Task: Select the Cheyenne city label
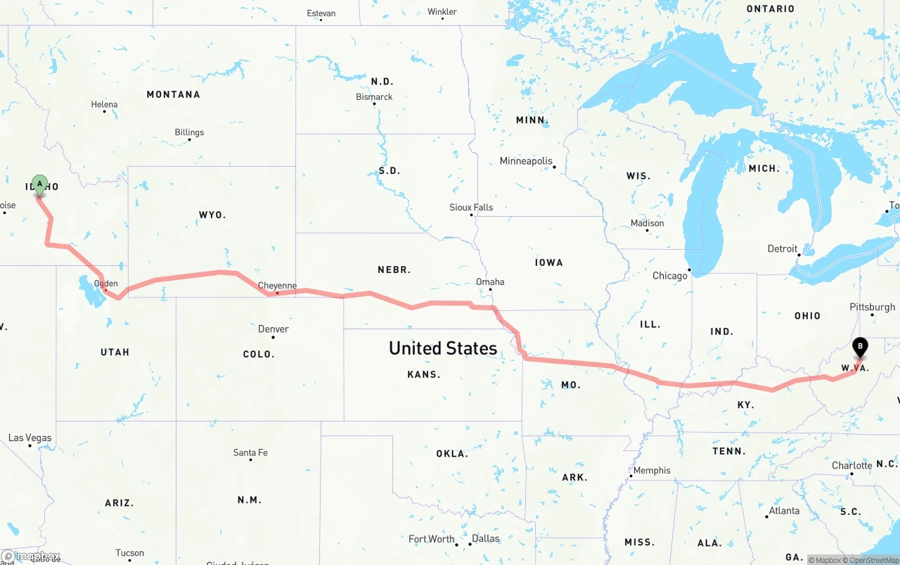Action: click(277, 286)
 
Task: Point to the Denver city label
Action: click(273, 329)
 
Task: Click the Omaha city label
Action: click(490, 281)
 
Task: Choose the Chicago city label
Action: click(669, 275)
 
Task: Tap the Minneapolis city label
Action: click(526, 161)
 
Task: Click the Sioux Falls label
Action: click(471, 208)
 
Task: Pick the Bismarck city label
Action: click(374, 97)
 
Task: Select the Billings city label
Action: click(189, 132)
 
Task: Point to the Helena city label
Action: click(104, 104)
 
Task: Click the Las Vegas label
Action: click(30, 438)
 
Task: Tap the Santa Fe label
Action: click(250, 452)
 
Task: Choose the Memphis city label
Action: click(652, 470)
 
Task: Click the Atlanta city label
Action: click(784, 511)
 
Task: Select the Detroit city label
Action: click(782, 248)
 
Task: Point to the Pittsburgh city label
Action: click(872, 307)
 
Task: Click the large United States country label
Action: click(443, 348)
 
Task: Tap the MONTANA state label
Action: click(173, 94)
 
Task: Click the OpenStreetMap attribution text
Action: click(873, 560)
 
